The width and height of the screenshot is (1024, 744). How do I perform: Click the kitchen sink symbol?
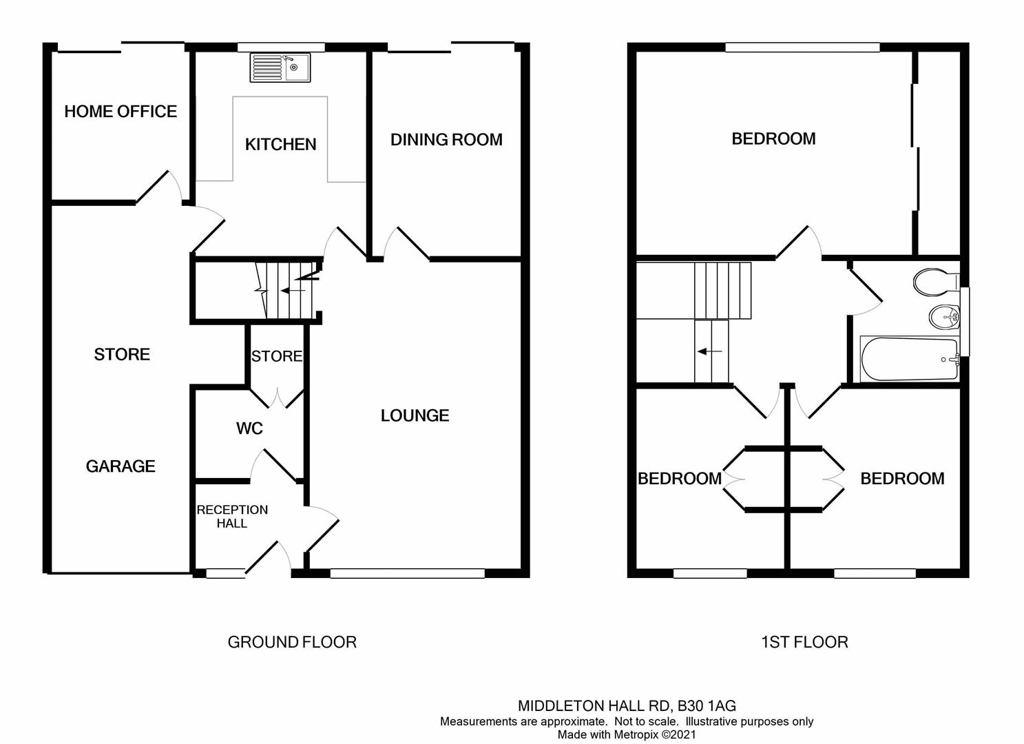pos(280,68)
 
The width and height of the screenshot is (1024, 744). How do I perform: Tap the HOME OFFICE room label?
pos(121,112)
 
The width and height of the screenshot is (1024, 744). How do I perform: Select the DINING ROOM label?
pos(446,140)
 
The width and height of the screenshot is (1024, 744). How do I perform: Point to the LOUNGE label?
pos(415,415)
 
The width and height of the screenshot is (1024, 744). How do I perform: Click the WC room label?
pos(249,428)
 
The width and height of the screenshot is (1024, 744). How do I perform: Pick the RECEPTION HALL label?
pos(232,517)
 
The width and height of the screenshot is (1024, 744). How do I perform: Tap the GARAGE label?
pos(121,466)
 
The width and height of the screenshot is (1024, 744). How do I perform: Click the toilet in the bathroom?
pos(935,281)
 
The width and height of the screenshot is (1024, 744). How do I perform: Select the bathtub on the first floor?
pos(909,359)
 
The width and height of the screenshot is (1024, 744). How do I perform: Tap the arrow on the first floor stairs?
pos(709,351)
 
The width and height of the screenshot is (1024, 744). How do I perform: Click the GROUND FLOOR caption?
pos(292,642)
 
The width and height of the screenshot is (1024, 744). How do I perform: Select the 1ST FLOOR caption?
pos(804,642)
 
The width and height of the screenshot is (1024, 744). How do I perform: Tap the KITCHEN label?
pos(281,145)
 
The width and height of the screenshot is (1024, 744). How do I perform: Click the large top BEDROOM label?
pos(773,139)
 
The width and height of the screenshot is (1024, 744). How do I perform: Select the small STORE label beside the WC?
pos(276,356)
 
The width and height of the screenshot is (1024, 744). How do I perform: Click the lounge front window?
pos(407,573)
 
